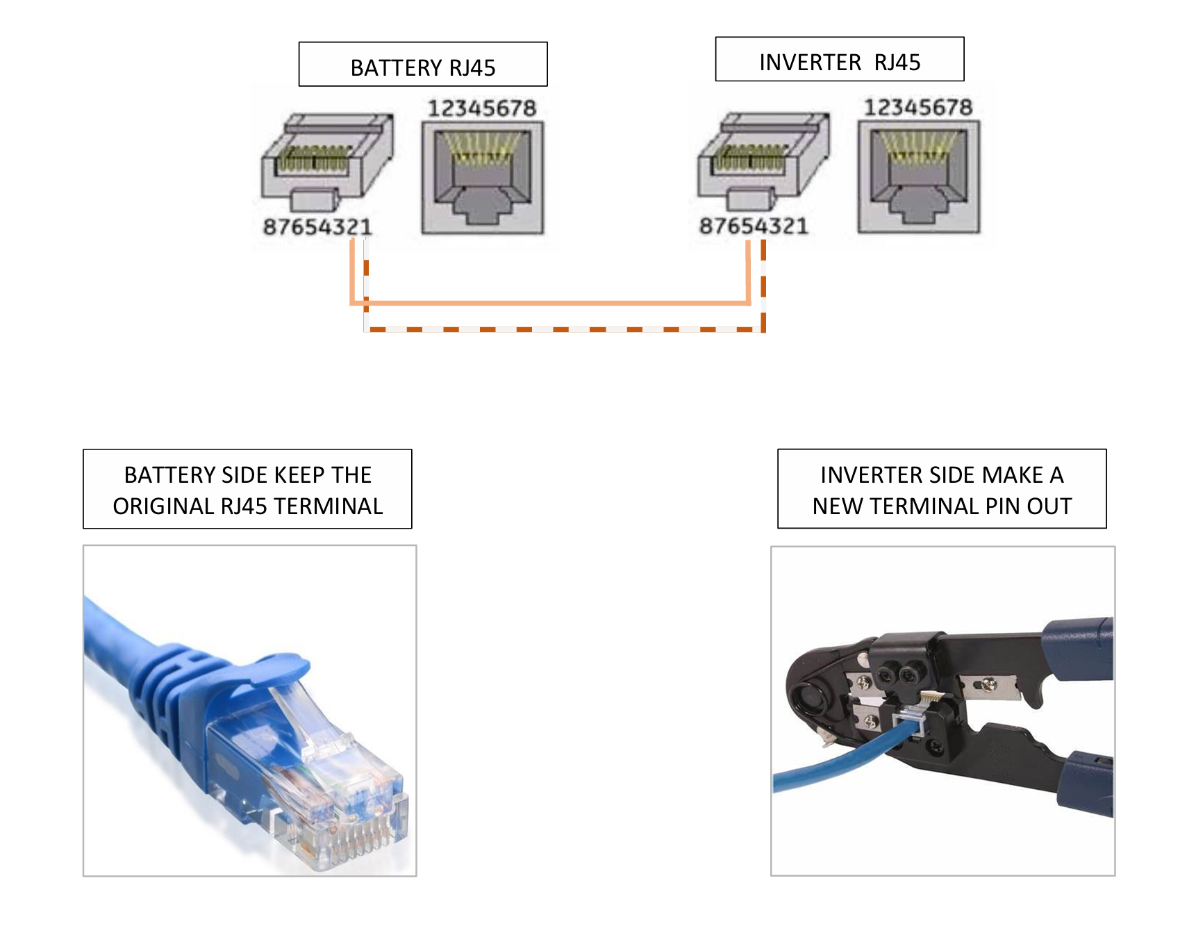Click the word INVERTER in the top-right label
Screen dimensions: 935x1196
(x=810, y=63)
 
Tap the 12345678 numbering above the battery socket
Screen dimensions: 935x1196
(x=482, y=108)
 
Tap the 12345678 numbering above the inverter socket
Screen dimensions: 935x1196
(x=917, y=108)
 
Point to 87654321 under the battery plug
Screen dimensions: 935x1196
(x=317, y=226)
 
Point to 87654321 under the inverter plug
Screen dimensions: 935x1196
(x=754, y=226)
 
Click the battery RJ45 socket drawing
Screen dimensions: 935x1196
(x=483, y=178)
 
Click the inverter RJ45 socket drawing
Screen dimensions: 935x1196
(x=918, y=176)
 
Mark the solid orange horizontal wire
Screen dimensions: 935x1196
(x=549, y=303)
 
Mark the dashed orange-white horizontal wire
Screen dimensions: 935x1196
(x=563, y=329)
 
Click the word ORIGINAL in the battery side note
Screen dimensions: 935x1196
(x=164, y=506)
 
